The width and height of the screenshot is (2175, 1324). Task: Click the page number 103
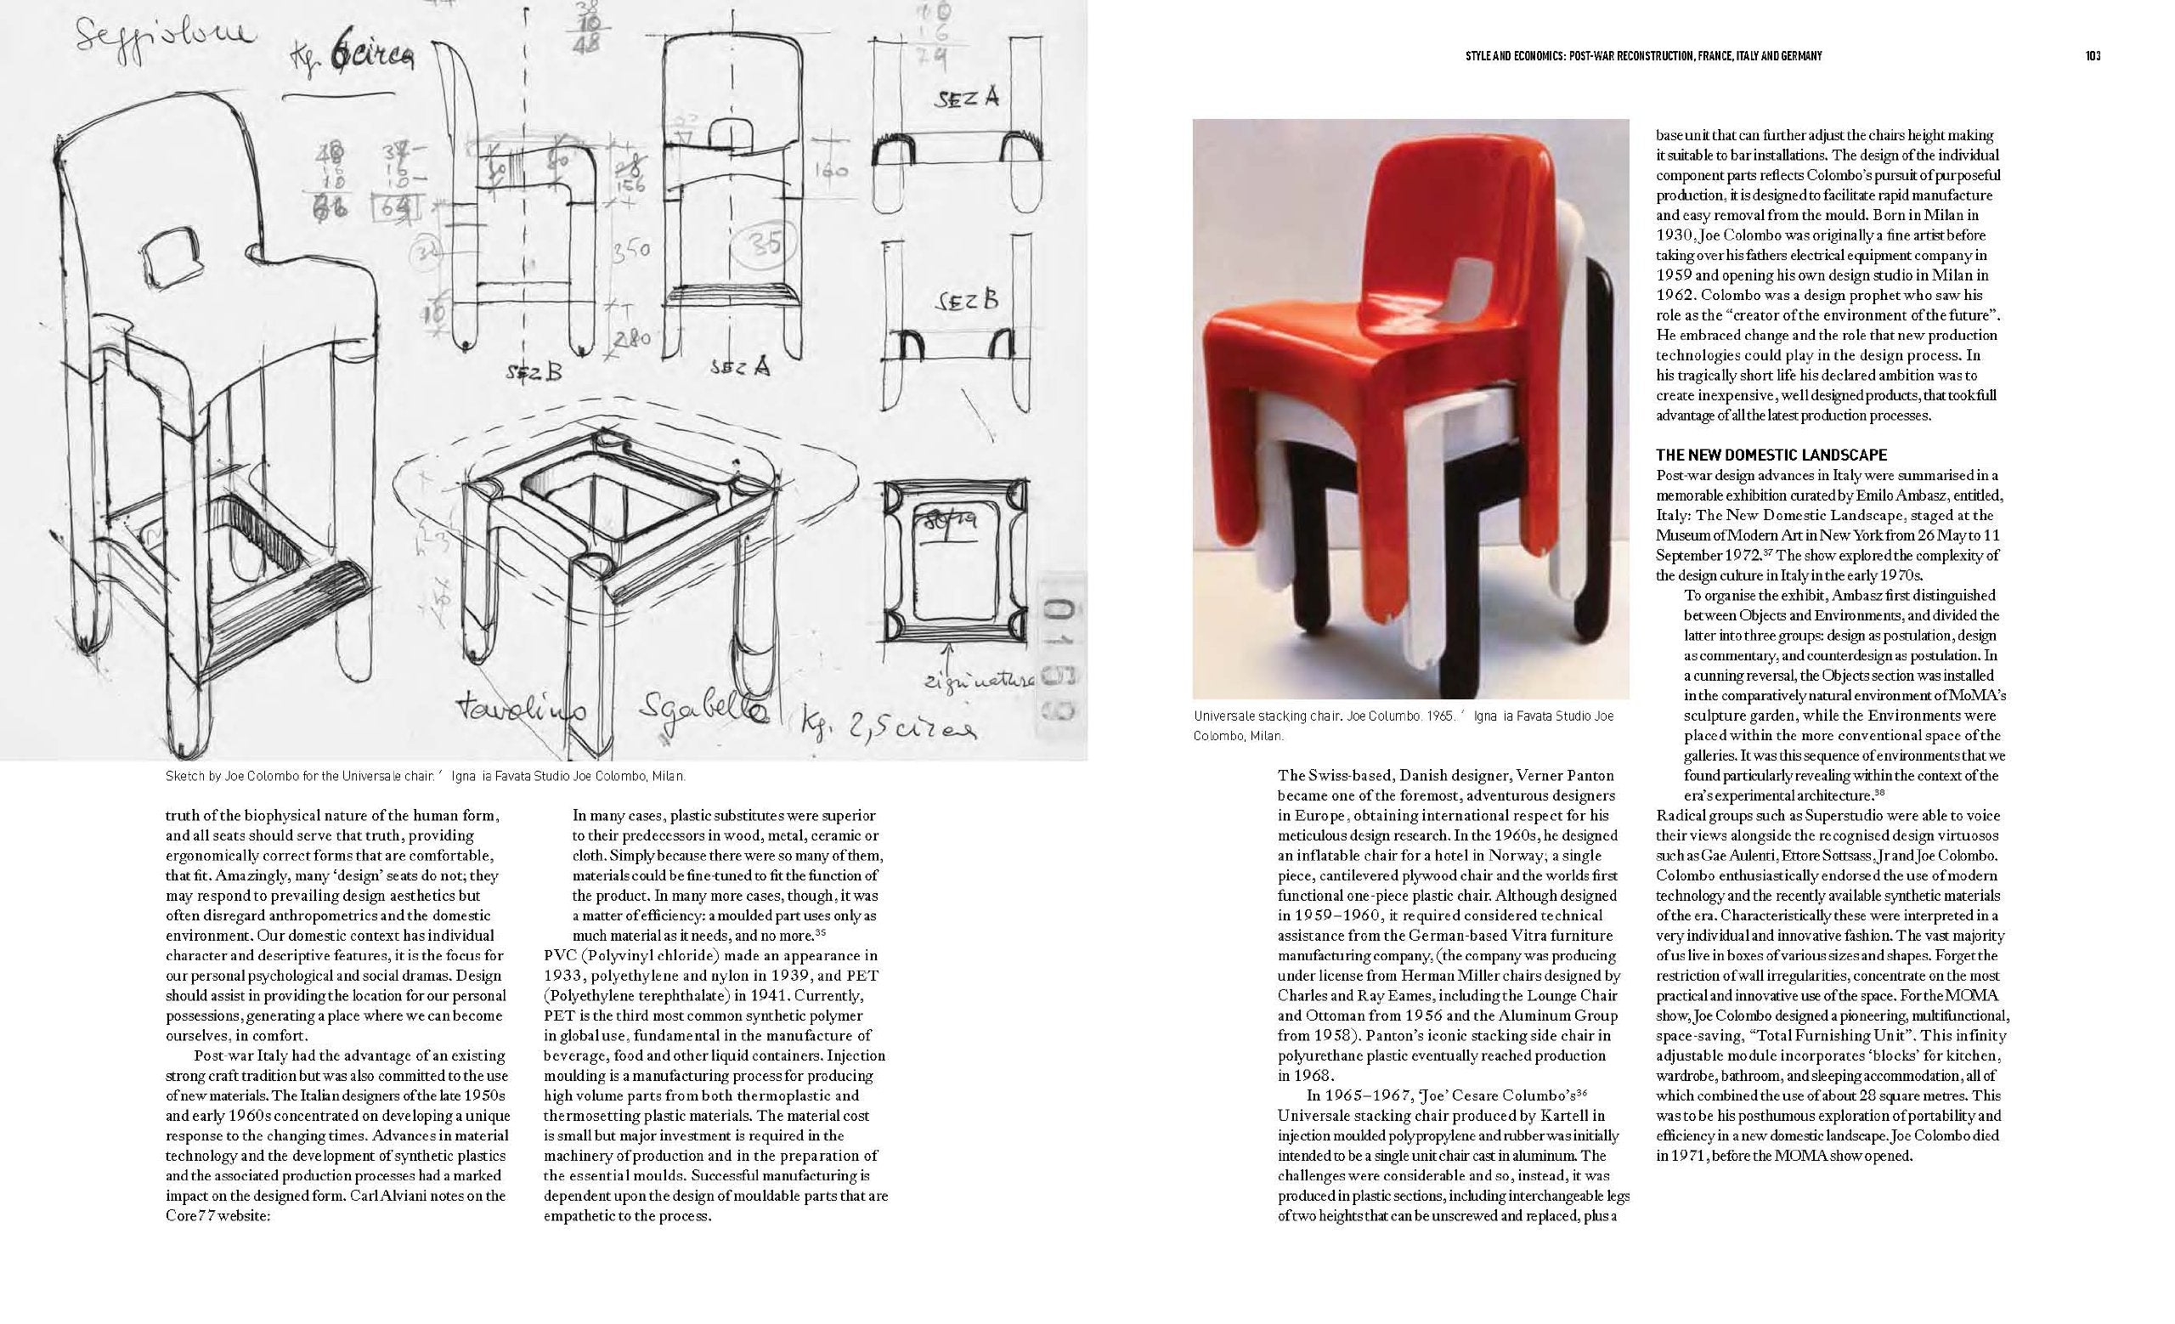pos(2093,56)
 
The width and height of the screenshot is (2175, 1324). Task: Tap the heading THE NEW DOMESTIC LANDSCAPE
pos(1771,455)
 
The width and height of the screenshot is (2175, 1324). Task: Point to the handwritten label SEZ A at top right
pos(966,99)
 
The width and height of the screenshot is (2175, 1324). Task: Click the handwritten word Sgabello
pos(702,711)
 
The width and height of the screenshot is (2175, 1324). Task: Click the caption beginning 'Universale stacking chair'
pos(1404,726)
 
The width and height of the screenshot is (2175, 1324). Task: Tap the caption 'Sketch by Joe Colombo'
pos(425,777)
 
